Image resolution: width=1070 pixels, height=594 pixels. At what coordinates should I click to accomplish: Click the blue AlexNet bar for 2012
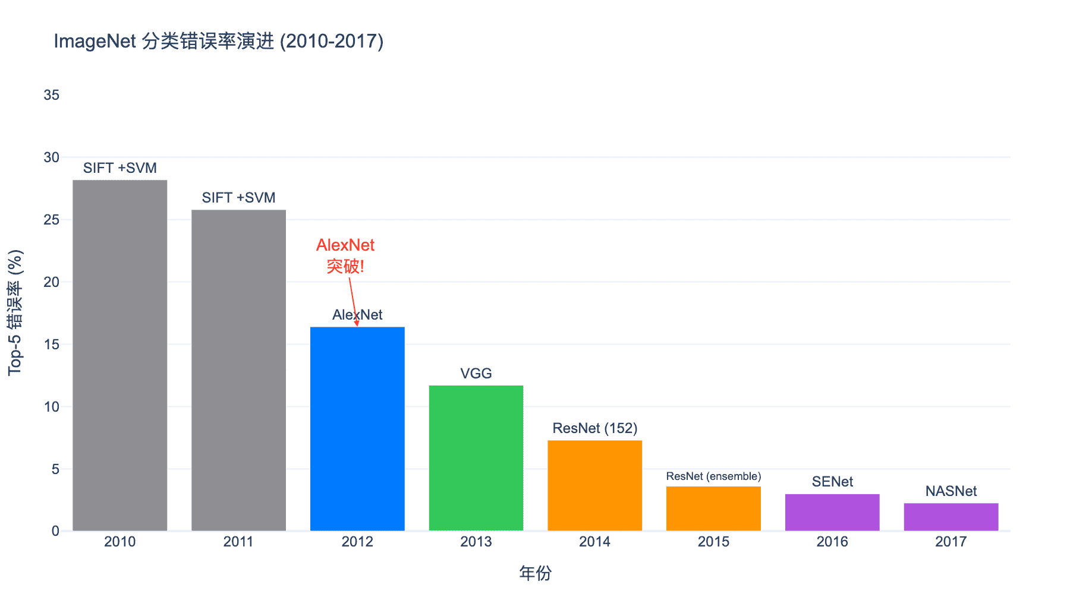coord(357,429)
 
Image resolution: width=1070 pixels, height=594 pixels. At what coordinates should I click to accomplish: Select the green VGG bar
coord(476,458)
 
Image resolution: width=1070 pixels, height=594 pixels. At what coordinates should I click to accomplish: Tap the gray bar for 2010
coord(120,355)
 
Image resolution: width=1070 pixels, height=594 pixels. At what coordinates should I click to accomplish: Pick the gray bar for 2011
coord(238,370)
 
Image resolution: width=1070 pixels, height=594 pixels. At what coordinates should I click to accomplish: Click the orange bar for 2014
coord(594,485)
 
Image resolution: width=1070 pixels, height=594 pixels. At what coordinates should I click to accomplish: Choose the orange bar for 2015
coord(713,508)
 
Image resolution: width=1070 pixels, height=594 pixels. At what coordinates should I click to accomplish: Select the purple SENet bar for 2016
coord(832,512)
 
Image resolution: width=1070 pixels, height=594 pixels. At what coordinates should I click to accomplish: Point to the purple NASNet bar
coord(951,517)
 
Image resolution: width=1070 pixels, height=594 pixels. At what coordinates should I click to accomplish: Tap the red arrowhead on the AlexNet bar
coord(357,323)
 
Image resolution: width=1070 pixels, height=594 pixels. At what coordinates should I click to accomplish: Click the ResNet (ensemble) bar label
coord(713,476)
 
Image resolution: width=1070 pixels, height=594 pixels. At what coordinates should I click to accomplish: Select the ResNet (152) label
coord(594,428)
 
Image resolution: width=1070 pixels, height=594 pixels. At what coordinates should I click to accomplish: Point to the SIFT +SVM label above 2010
coord(120,168)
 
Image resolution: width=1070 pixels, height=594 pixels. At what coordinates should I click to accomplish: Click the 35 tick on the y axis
coord(52,95)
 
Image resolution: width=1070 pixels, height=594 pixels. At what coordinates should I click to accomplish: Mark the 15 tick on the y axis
coord(52,345)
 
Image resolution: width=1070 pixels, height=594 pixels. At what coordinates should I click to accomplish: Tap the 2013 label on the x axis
coord(476,542)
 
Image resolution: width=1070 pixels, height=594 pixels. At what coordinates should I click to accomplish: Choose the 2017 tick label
coord(951,542)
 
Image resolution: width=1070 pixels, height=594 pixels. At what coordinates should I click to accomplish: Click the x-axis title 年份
coord(535,573)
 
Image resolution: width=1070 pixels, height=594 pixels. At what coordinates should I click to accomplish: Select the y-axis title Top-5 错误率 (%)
coord(15,312)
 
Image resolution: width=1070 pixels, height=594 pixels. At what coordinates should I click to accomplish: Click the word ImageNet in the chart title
coord(95,42)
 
